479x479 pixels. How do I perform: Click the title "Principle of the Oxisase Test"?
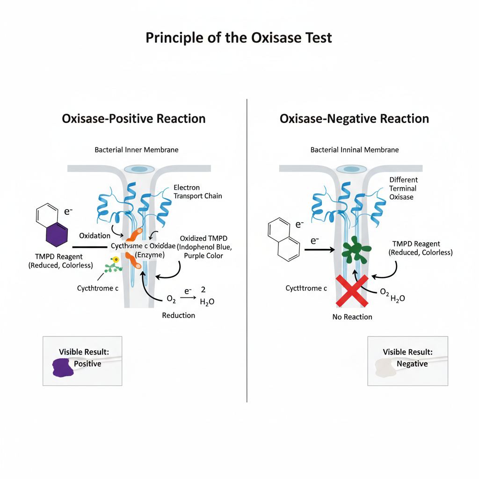[x=239, y=37]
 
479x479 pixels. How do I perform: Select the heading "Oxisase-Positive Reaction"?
[x=134, y=119]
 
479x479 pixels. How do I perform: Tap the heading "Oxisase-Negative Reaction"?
[x=354, y=119]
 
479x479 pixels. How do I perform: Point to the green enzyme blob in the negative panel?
[x=356, y=252]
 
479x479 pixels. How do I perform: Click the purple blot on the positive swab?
[x=61, y=368]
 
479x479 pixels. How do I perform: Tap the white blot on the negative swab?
[x=385, y=368]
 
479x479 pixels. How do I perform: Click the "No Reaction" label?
[x=352, y=317]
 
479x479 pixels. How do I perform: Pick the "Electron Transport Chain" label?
[x=197, y=192]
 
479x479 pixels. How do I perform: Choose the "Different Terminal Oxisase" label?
[x=403, y=188]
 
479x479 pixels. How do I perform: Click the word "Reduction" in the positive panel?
[x=178, y=315]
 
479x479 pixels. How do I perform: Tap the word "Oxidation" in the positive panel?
[x=94, y=235]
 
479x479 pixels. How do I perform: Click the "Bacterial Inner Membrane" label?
[x=136, y=150]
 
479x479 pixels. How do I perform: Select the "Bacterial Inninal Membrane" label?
[x=355, y=150]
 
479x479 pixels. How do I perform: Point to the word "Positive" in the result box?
[x=87, y=363]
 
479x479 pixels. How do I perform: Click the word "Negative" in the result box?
[x=412, y=363]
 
